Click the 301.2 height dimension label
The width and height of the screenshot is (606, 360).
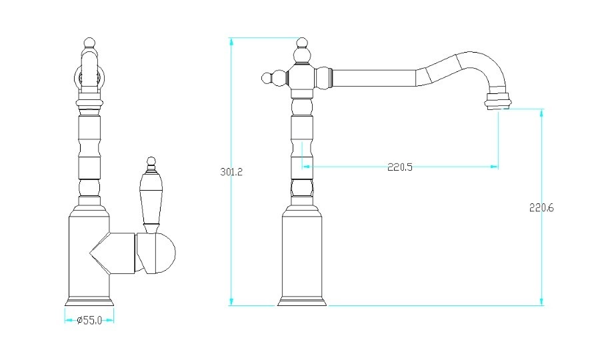[x=231, y=172]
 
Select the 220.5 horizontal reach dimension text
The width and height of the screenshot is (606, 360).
[x=400, y=167]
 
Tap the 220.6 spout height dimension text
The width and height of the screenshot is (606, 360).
[x=541, y=207]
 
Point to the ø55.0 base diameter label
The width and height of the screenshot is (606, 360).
[x=89, y=320]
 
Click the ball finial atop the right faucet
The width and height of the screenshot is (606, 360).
[x=302, y=43]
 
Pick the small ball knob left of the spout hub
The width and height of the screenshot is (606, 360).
[x=267, y=78]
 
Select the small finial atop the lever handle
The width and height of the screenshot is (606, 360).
[x=151, y=164]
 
